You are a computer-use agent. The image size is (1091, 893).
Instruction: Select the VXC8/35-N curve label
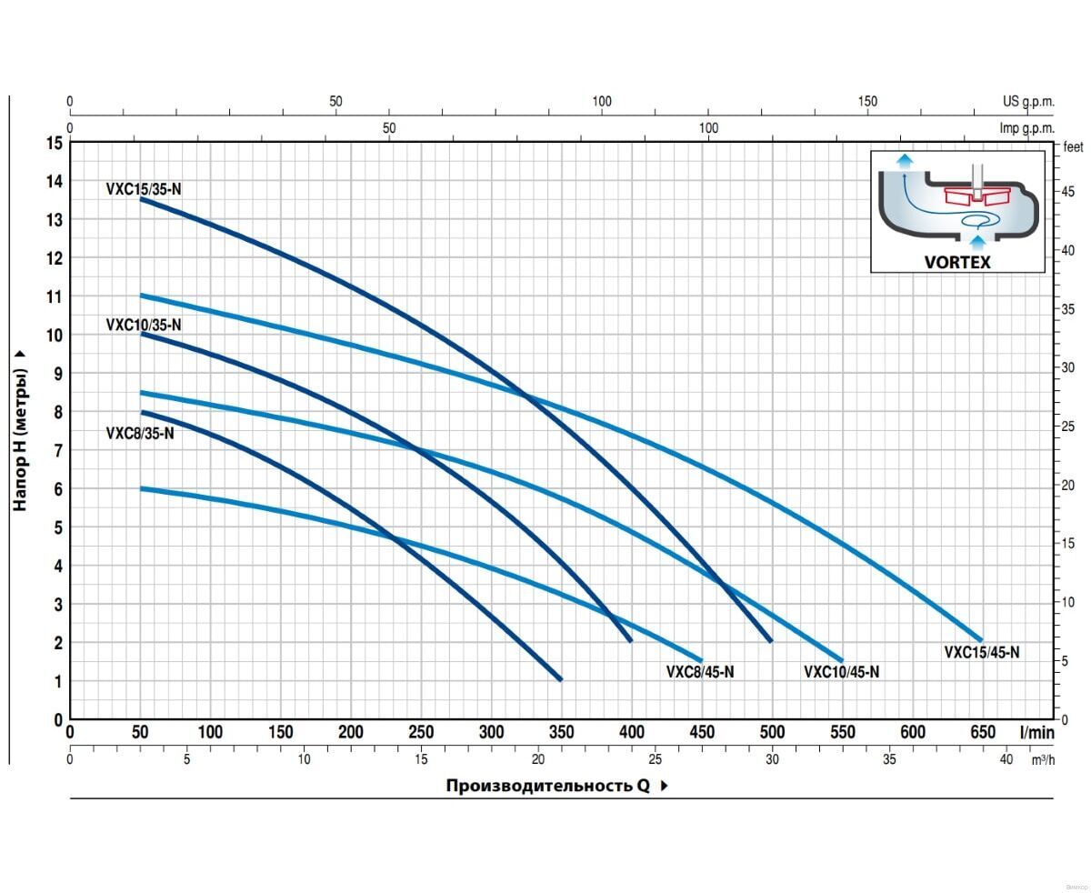point(139,434)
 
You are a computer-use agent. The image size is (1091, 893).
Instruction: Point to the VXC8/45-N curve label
point(700,672)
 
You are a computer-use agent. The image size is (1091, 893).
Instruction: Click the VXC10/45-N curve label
point(841,672)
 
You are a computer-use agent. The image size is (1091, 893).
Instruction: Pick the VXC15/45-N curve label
point(982,652)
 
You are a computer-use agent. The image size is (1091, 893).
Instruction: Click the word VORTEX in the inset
point(957,262)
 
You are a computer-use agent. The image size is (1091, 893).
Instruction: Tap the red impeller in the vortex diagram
point(976,196)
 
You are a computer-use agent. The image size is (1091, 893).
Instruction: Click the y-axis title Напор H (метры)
point(21,427)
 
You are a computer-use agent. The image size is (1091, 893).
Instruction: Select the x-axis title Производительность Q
point(547,786)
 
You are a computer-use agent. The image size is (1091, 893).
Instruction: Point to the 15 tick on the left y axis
point(55,143)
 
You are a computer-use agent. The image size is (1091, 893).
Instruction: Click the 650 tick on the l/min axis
point(983,733)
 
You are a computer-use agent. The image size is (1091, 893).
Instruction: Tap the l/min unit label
point(1036,733)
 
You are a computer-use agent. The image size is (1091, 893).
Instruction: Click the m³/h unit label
point(1043,759)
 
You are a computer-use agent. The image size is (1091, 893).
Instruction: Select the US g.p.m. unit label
point(1028,102)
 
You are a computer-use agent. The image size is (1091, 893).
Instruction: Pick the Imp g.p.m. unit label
point(1027,128)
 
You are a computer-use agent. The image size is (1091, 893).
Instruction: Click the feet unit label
point(1074,146)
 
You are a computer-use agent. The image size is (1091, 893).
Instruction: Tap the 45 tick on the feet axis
point(1069,192)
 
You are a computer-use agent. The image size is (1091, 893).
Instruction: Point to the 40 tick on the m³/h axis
point(1006,759)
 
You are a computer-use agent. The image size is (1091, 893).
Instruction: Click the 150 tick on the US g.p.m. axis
point(867,102)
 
